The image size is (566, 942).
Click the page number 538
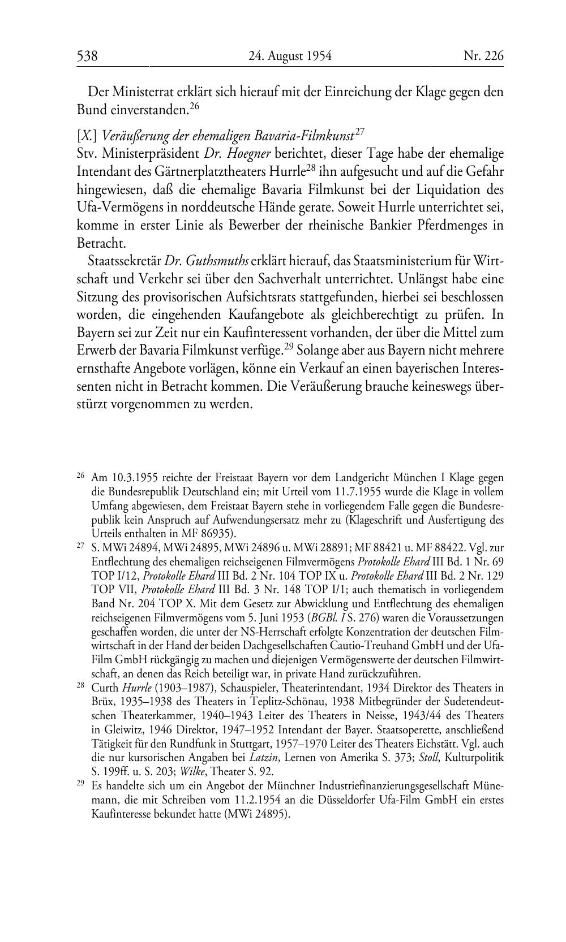(88, 56)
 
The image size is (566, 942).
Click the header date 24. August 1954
(290, 56)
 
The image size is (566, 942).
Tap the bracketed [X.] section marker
(88, 136)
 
